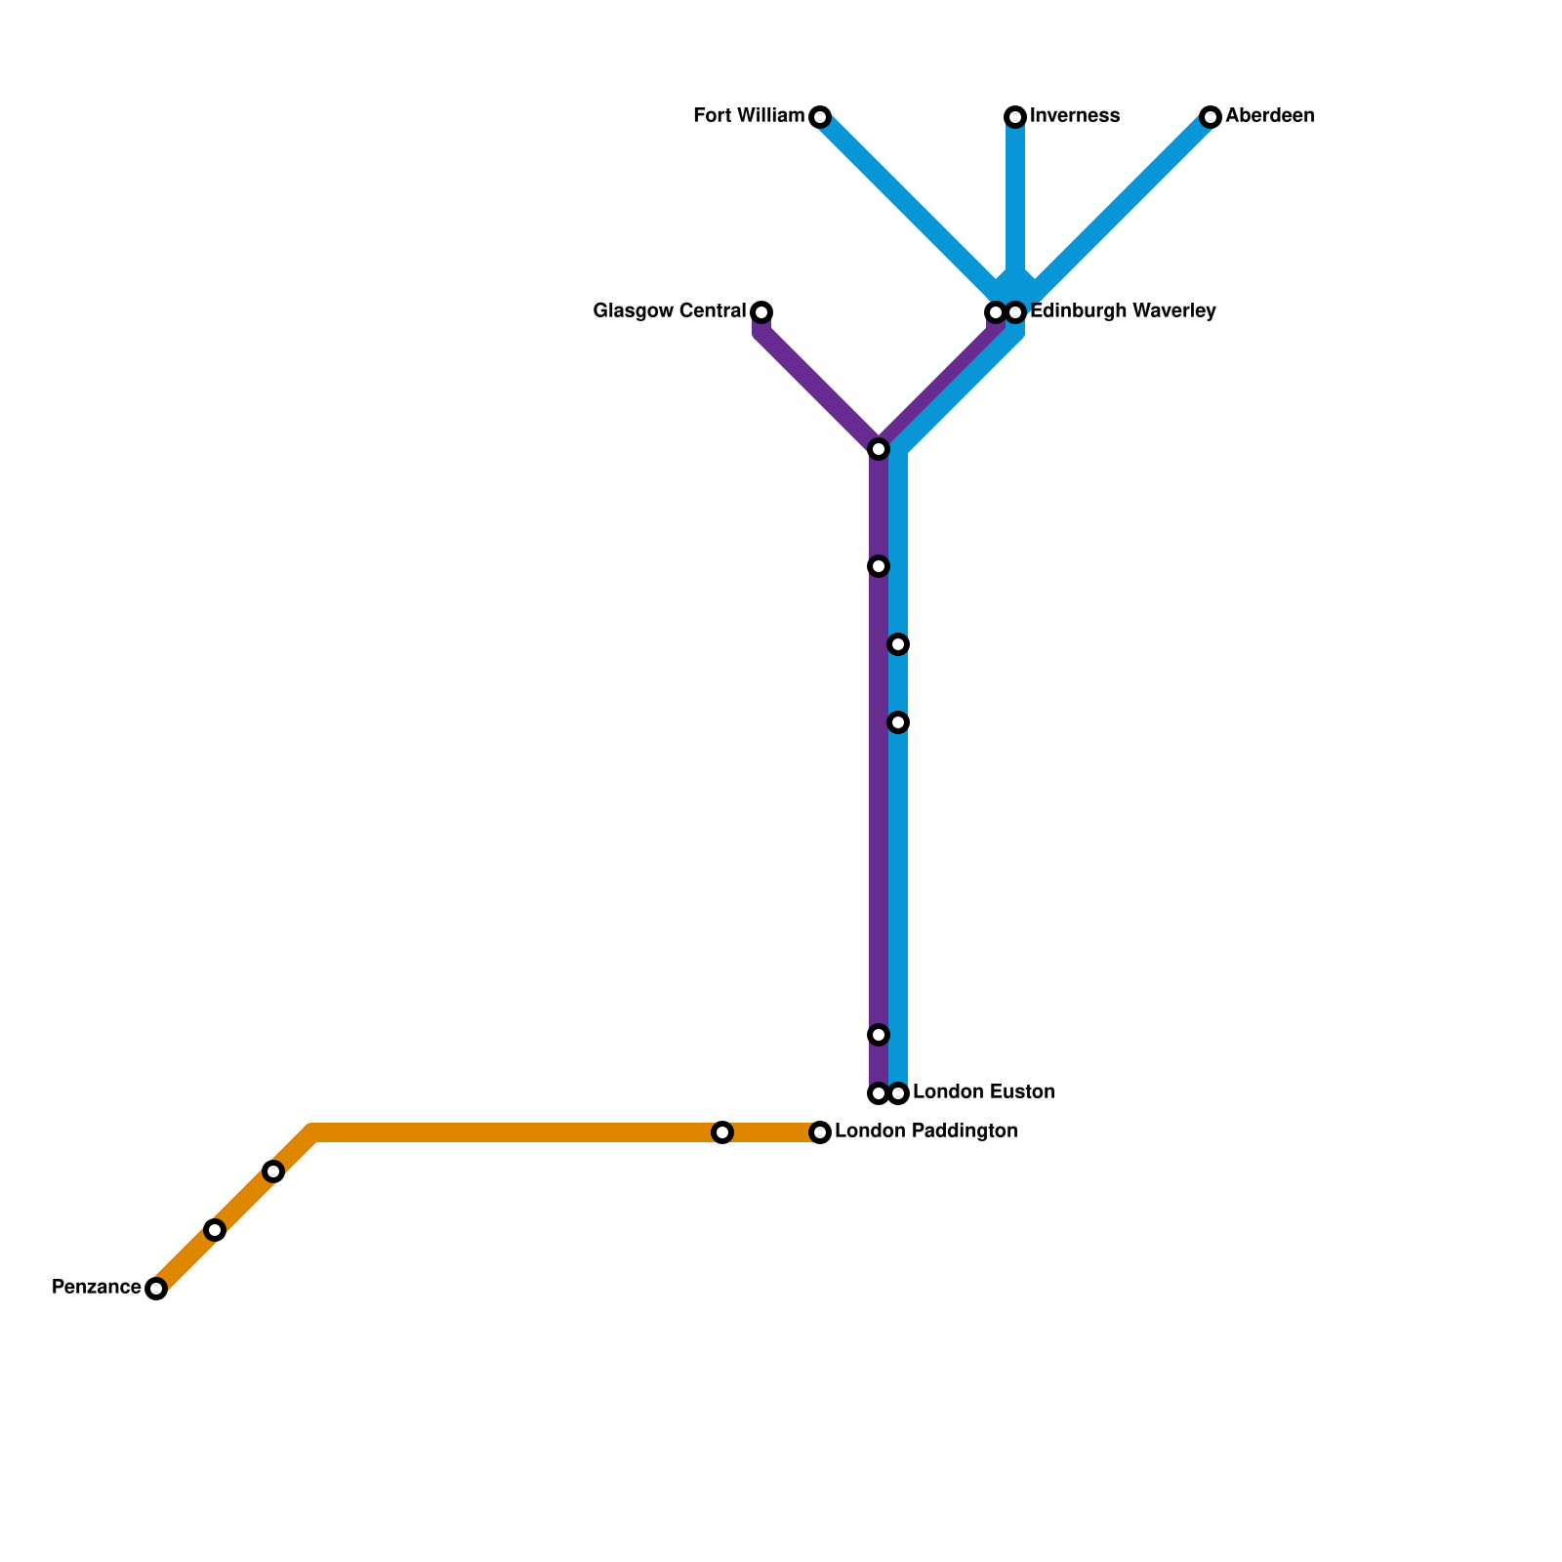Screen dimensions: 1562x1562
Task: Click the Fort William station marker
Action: tap(820, 117)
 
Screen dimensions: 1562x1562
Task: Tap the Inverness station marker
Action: tap(1015, 117)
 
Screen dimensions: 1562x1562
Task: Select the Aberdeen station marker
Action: tap(1211, 117)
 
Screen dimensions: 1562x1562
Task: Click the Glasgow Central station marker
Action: tap(761, 312)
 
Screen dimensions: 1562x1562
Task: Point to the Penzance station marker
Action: tap(156, 1289)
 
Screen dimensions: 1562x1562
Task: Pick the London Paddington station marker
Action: tap(820, 1132)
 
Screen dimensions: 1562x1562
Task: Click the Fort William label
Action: tap(749, 116)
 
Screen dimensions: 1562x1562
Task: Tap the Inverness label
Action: tap(1074, 116)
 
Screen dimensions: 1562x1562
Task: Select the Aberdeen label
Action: tap(1269, 116)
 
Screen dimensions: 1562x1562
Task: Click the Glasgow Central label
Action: tap(670, 311)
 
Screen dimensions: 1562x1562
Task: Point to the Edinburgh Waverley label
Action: tap(1123, 311)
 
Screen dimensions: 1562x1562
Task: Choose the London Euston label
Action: tap(983, 1092)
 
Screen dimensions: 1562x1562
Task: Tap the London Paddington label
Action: tap(925, 1131)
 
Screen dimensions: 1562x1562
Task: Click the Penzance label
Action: tap(96, 1288)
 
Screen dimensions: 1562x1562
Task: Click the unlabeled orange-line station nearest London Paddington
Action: tap(722, 1132)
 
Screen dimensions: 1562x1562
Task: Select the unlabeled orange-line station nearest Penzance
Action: tap(215, 1230)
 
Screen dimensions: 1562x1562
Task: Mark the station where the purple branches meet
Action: tap(879, 449)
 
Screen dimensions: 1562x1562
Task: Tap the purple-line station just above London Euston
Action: tap(879, 1035)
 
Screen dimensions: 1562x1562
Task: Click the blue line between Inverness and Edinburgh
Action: tap(1015, 205)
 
